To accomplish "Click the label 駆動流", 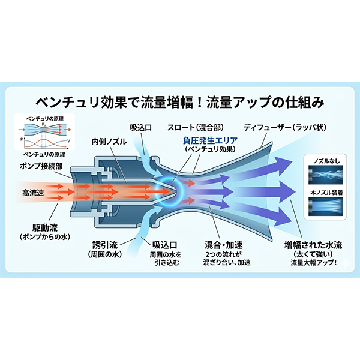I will tap(46, 229).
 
